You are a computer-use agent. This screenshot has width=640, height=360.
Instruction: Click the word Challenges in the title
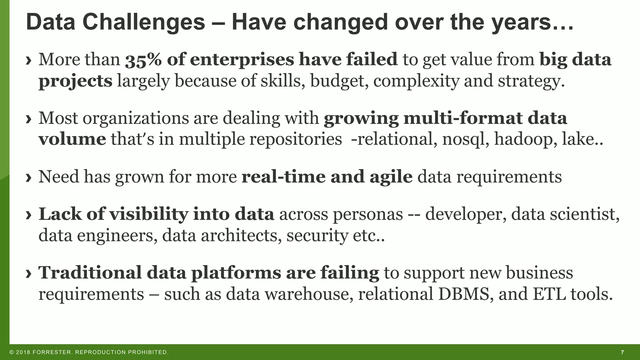coord(143,22)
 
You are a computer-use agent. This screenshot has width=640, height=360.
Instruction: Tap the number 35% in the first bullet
coord(143,60)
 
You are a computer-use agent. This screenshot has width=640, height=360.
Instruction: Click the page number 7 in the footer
coord(622,352)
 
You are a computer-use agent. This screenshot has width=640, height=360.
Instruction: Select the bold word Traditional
coord(90,272)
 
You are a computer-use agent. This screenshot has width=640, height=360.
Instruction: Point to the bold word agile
coord(391,177)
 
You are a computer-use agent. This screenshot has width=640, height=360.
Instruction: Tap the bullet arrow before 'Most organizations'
coord(29,119)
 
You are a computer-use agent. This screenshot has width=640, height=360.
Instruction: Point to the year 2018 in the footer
coord(23,352)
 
